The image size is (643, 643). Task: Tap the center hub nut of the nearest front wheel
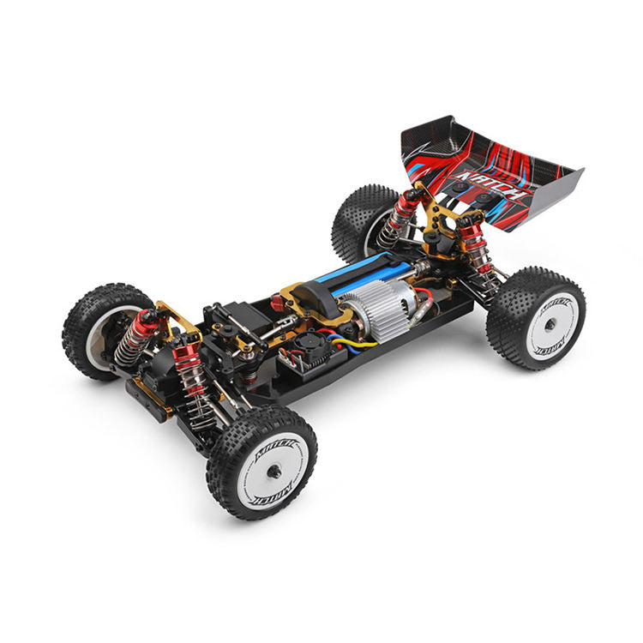coord(273,470)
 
